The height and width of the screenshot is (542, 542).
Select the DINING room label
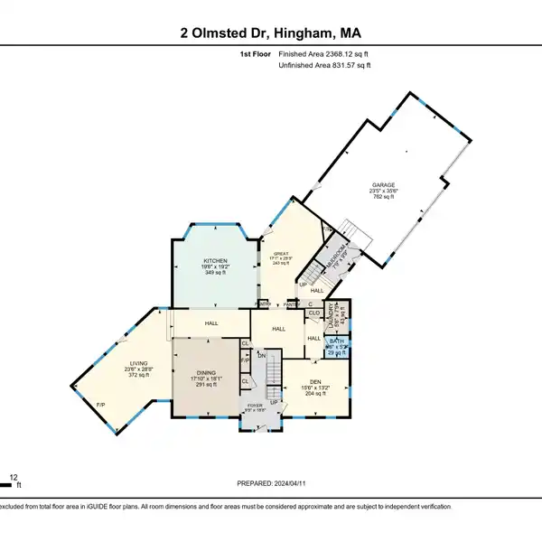tap(208, 372)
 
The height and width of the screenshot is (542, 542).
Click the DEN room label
tap(314, 381)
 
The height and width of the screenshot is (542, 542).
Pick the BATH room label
tap(336, 341)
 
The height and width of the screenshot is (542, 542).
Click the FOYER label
tap(256, 406)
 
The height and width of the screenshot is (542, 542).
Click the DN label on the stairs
tap(261, 356)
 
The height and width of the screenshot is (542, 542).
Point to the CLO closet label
tap(314, 313)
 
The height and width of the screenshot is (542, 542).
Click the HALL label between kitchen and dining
tap(210, 322)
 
